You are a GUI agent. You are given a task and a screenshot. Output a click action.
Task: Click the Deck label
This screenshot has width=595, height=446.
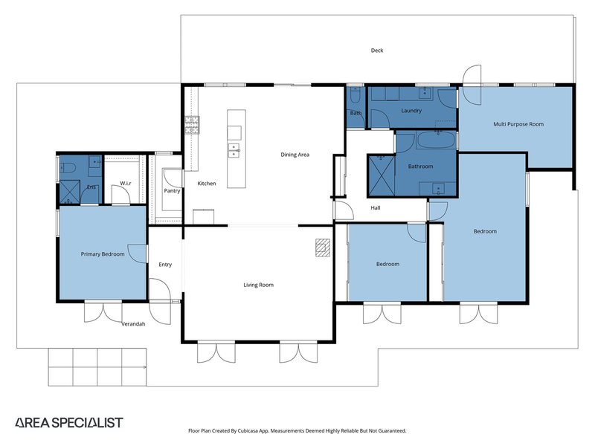coord(377,51)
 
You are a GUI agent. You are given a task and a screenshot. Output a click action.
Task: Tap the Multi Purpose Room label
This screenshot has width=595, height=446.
coord(518,124)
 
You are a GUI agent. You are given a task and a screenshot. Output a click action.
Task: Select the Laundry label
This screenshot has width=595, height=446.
coord(411,111)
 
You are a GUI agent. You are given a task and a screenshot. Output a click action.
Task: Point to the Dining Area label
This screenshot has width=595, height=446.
coord(295,155)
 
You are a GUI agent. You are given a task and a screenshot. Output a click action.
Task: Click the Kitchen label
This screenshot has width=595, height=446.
coord(206,183)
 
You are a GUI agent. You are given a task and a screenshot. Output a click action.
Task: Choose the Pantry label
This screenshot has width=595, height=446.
coord(172,191)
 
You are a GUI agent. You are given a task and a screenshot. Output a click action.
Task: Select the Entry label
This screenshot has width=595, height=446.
coord(164,265)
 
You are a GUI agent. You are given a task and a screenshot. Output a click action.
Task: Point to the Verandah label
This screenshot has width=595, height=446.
coord(133,324)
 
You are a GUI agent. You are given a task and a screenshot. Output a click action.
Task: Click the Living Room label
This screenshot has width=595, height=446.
coord(259,285)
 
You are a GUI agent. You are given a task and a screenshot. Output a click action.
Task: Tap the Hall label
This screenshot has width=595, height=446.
coord(376,207)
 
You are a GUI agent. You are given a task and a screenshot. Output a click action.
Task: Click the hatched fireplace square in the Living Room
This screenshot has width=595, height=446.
coord(321,247)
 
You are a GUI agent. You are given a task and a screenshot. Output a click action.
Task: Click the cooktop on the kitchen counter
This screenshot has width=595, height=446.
coord(192,125)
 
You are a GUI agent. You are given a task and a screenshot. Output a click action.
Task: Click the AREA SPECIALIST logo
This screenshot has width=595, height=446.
coord(69,422)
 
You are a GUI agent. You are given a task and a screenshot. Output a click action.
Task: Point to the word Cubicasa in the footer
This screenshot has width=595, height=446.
coord(259,430)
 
